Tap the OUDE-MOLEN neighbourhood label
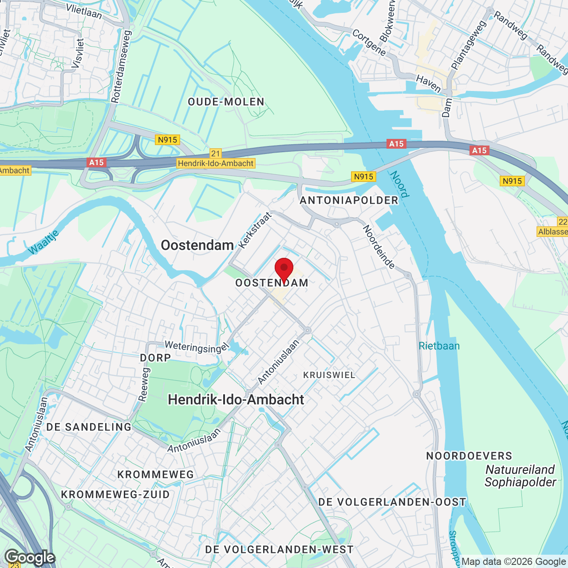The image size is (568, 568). coord(226,102)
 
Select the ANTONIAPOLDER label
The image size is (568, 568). coord(349,201)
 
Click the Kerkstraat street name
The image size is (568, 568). coord(255,230)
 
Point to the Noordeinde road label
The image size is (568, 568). coord(379,247)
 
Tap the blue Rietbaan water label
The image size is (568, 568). coord(439,346)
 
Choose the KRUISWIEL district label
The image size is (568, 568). coord(329,375)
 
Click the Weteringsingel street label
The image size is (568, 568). coord(196,347)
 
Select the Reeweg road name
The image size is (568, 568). coord(144,384)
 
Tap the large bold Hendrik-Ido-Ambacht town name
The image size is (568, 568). coord(236,400)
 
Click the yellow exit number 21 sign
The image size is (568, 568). coord(216,154)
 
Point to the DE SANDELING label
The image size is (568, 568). coord(89,427)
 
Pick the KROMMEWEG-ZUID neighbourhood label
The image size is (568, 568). coord(115,495)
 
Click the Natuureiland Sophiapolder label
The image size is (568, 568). coord(520,476)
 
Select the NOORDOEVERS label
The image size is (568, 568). coord(469,456)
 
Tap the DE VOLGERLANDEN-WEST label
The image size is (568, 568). coord(279,550)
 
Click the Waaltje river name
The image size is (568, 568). coord(43,242)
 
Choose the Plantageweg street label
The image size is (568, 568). coord(469,45)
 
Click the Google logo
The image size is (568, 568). coord(30,557)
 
